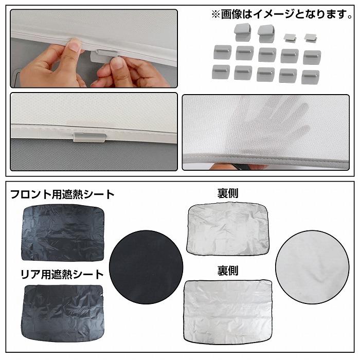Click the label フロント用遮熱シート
[x=62, y=195]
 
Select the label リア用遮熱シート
[x=57, y=275]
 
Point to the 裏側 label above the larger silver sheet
[x=228, y=269]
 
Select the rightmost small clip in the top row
[x=310, y=38]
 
